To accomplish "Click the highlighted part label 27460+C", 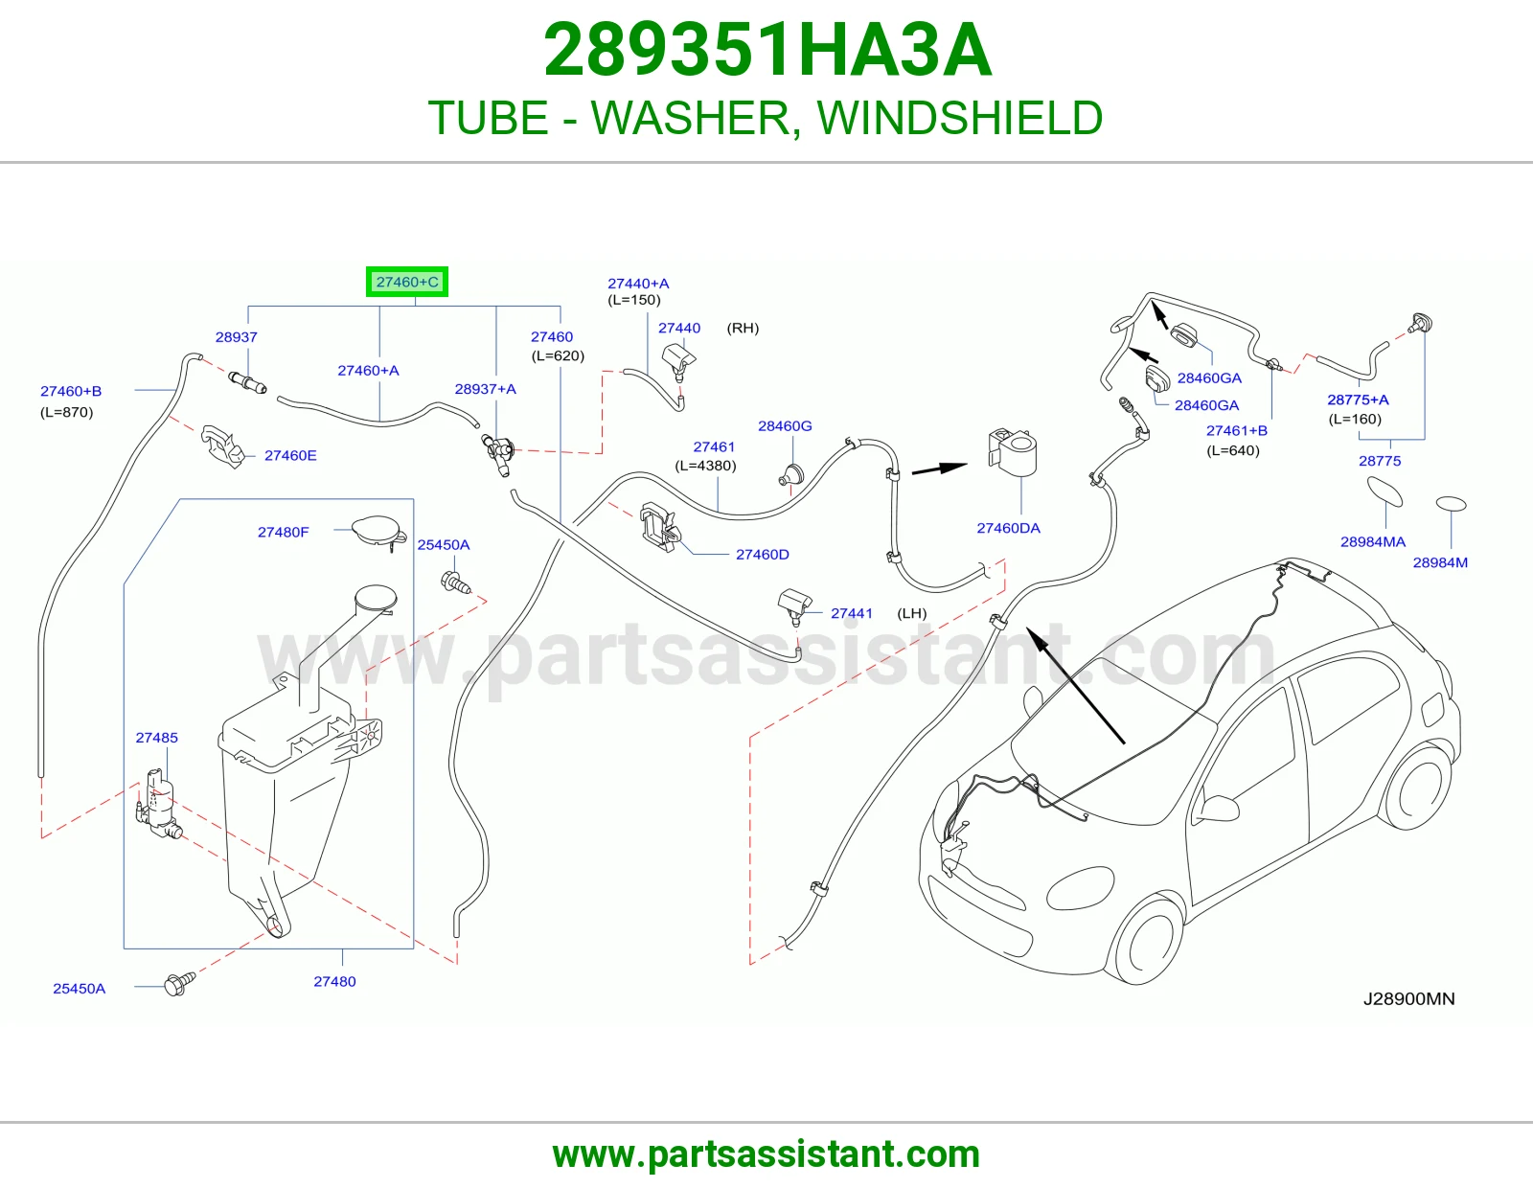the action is click(x=407, y=283).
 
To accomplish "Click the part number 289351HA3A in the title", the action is click(x=767, y=51).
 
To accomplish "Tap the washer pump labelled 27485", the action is click(x=158, y=805).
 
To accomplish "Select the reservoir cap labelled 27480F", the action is click(x=378, y=532).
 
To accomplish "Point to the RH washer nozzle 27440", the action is click(x=678, y=360).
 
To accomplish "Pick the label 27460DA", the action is click(x=1008, y=528).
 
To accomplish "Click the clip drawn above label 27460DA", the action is click(x=1013, y=451).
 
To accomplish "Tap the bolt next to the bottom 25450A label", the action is click(x=179, y=983).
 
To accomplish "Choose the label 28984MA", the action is click(x=1373, y=542).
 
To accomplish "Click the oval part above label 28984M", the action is click(x=1452, y=504).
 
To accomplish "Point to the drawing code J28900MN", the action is click(x=1408, y=999).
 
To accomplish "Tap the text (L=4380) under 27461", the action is click(x=705, y=466).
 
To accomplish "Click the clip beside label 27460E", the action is click(x=223, y=446).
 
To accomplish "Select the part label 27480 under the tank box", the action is click(x=334, y=981).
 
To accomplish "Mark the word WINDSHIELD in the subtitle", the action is click(x=960, y=118).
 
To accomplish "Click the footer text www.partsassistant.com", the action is click(x=766, y=1154).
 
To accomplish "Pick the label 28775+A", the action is click(x=1358, y=400).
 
